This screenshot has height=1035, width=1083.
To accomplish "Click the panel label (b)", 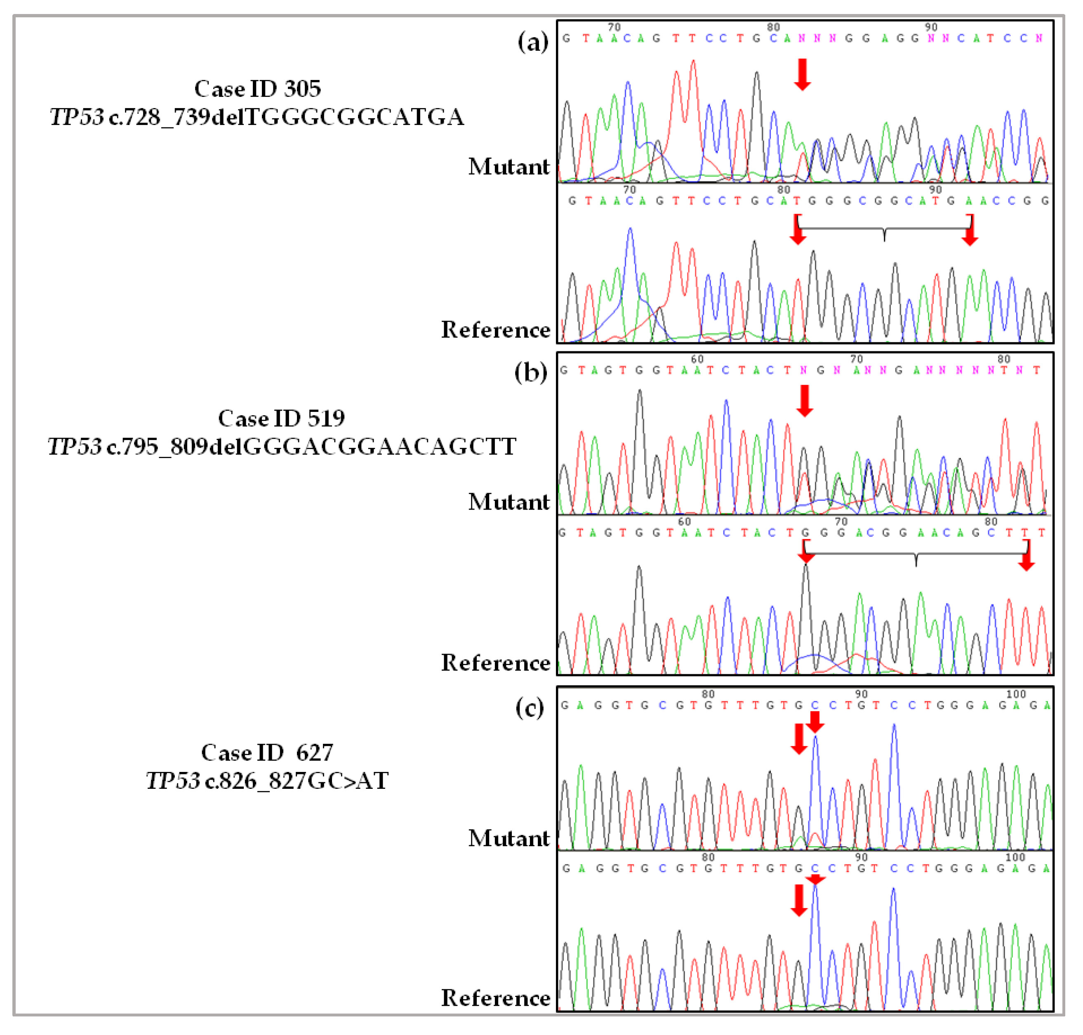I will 531,372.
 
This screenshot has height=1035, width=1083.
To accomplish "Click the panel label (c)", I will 530,708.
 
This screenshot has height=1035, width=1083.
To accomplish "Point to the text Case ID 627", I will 267,753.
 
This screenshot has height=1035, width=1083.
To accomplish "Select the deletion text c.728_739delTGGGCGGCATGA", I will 286,117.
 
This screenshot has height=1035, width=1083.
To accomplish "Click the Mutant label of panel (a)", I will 509,167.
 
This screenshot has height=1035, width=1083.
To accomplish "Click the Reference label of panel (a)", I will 495,330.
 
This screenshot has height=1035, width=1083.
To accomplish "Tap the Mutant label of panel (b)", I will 509,503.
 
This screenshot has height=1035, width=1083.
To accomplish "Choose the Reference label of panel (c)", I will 495,998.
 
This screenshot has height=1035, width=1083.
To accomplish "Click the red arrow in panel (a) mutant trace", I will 802,75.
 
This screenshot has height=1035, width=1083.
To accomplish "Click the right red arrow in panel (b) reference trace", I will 1026,556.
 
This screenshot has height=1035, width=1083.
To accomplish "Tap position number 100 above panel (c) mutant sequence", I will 1016,694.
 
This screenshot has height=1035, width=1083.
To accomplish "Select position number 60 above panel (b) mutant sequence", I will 697,359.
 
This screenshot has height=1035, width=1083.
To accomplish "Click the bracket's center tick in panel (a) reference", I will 884,235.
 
